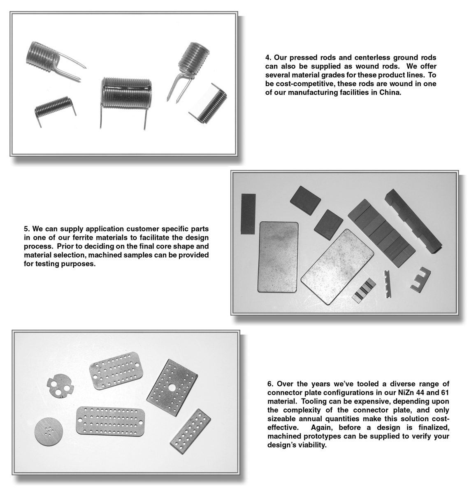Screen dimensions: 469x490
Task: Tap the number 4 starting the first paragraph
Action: click(x=267, y=58)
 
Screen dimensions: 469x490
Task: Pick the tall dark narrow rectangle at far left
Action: click(x=248, y=213)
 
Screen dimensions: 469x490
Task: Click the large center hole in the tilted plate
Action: click(x=172, y=387)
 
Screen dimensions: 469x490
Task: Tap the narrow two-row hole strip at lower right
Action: click(x=190, y=431)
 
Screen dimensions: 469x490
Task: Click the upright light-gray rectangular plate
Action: click(x=278, y=257)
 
